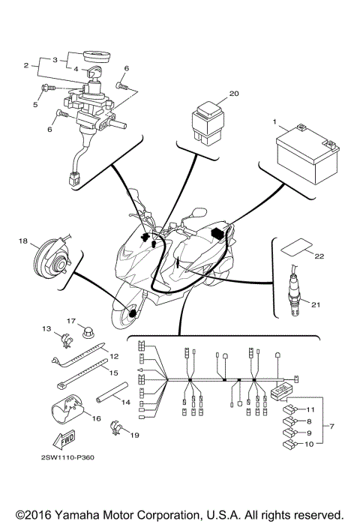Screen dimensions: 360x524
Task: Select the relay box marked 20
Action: (208, 124)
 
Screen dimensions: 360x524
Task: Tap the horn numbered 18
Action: (52, 259)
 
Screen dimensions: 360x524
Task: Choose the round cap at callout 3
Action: (94, 56)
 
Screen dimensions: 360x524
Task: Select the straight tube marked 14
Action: (112, 392)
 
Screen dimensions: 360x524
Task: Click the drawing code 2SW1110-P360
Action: (67, 457)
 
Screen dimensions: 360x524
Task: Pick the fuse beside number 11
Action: (289, 409)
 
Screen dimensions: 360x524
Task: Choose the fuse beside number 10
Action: (289, 445)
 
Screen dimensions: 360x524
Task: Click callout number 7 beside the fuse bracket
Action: (331, 427)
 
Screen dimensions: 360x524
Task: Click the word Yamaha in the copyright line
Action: (76, 514)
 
